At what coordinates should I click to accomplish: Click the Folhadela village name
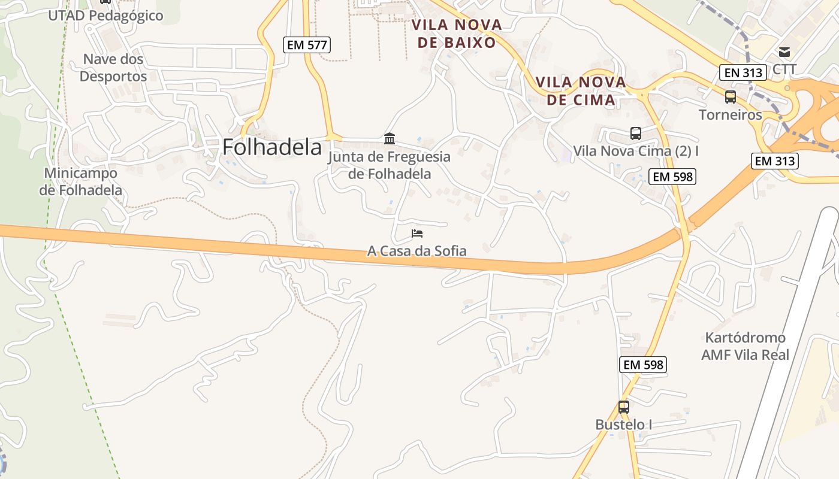tap(272, 147)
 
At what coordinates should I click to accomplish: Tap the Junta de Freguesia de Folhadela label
tap(390, 165)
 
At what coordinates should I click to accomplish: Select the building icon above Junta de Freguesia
tap(390, 139)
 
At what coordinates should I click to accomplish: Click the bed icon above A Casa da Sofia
tap(417, 233)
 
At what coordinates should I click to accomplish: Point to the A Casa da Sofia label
tap(417, 251)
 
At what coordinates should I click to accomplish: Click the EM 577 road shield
tap(306, 44)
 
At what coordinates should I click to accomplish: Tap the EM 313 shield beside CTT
tap(743, 73)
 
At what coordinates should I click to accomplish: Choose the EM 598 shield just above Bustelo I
tap(644, 365)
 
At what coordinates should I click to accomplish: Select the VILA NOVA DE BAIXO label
tap(457, 34)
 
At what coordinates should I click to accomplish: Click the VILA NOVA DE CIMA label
tap(581, 91)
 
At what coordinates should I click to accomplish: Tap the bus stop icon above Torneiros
tap(730, 96)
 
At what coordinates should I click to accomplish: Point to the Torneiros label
tap(730, 114)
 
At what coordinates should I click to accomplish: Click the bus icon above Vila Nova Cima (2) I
tap(636, 133)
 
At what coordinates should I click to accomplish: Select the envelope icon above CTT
tap(784, 52)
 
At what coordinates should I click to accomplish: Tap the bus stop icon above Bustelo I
tap(624, 407)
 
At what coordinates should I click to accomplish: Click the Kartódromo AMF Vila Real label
tap(745, 346)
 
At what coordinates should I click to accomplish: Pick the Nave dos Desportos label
tap(113, 68)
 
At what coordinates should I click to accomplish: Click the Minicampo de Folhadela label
tap(81, 181)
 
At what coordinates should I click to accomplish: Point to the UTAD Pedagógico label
tap(105, 16)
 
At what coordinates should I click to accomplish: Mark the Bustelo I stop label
tap(624, 425)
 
